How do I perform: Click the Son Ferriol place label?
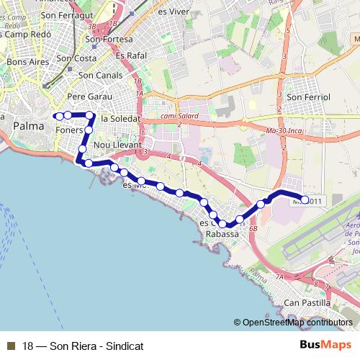[x=308, y=96]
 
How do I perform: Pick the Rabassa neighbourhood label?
[x=222, y=234]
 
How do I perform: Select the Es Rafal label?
[x=130, y=55]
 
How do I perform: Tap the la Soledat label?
[x=120, y=119]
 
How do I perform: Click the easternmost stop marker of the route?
[x=304, y=199]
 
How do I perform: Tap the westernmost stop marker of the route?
[x=57, y=115]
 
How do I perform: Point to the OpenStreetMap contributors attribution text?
[x=297, y=323]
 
